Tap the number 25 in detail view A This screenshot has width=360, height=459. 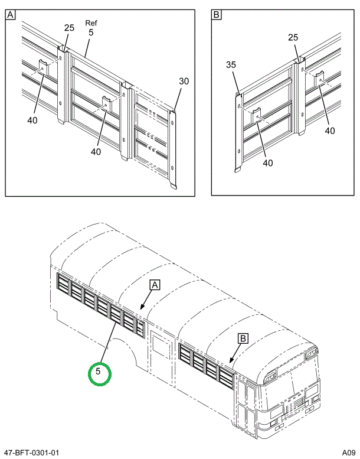pyautogui.click(x=69, y=28)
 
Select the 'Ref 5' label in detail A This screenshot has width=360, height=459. pyautogui.click(x=90, y=28)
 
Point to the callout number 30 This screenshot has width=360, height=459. pyautogui.click(x=184, y=82)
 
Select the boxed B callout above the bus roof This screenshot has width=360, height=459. pyautogui.click(x=242, y=338)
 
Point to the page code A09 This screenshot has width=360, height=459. pyautogui.click(x=346, y=453)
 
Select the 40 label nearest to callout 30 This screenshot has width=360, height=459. pyautogui.click(x=96, y=151)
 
